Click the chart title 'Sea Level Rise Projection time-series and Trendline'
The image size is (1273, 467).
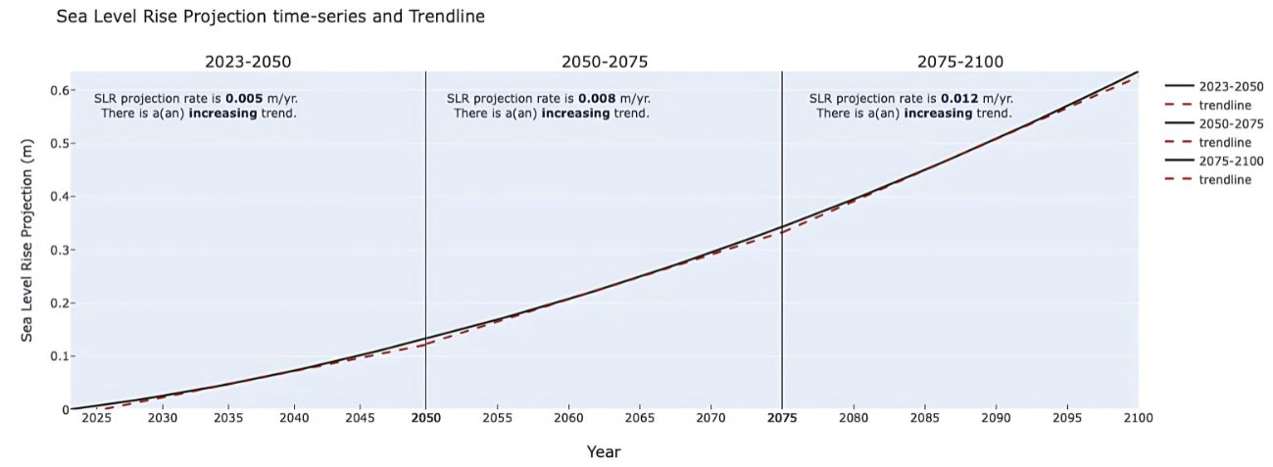tap(270, 17)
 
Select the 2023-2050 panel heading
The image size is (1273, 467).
tap(247, 62)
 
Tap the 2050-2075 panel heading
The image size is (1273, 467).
tap(604, 62)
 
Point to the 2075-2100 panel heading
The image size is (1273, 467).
tap(959, 62)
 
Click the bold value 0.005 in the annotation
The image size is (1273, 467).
tap(244, 98)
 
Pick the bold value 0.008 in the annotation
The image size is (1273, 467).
tap(597, 98)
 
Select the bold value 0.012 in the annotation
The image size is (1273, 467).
tap(959, 98)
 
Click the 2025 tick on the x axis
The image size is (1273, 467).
tap(96, 418)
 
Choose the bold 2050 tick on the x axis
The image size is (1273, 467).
tap(425, 418)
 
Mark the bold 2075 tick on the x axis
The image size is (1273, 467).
tap(782, 418)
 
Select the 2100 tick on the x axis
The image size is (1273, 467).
tap(1138, 418)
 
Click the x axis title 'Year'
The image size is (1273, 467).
tap(604, 451)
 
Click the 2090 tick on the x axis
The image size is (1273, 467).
tap(996, 418)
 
